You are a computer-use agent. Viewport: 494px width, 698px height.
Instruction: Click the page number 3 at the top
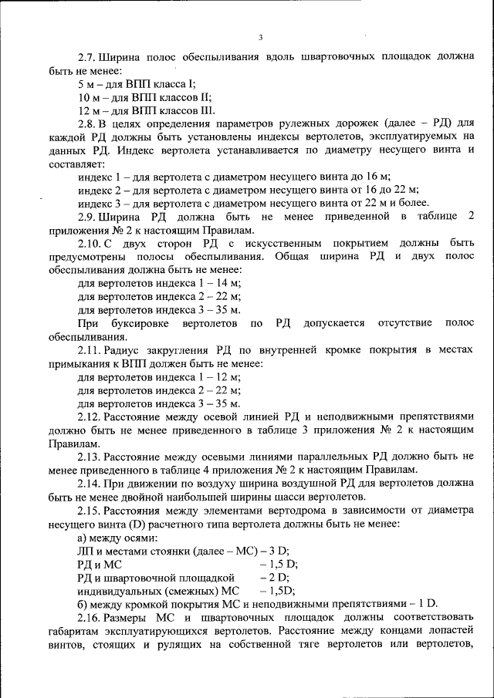tap(261, 37)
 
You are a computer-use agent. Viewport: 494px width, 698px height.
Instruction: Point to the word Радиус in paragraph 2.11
tap(124, 351)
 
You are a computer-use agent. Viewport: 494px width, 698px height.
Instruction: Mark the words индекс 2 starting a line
tap(98, 190)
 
